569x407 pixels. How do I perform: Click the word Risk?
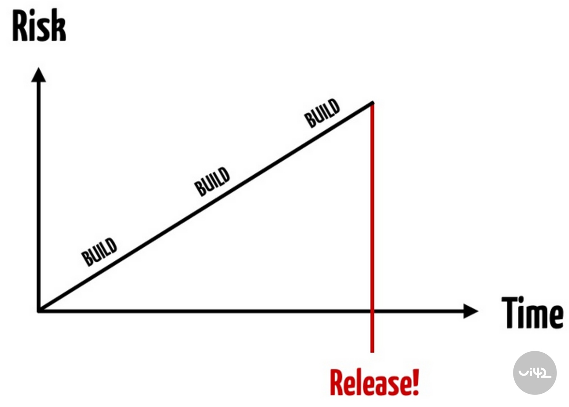pos(39,25)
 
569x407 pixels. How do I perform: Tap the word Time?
pos(532,313)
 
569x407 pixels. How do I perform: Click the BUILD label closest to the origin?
pos(99,251)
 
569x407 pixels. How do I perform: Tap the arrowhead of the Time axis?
pos(470,311)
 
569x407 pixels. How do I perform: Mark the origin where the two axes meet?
pos(39,311)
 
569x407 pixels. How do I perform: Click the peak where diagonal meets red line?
pos(372,104)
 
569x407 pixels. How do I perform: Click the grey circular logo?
pos(535,372)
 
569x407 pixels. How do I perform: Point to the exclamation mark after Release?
pos(415,382)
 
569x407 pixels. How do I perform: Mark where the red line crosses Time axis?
pos(372,311)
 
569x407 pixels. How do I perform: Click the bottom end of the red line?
pos(372,351)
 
